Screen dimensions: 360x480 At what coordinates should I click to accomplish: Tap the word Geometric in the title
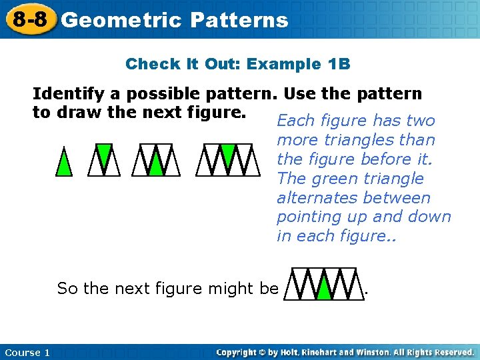click(x=121, y=20)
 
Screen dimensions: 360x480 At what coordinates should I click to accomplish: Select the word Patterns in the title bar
click(x=239, y=20)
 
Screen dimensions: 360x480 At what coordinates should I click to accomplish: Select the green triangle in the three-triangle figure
click(x=104, y=154)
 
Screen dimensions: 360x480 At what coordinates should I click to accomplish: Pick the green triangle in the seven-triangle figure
click(x=228, y=154)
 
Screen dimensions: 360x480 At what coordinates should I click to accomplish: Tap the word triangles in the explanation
click(x=355, y=140)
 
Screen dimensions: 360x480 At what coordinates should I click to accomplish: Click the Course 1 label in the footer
click(x=27, y=353)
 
